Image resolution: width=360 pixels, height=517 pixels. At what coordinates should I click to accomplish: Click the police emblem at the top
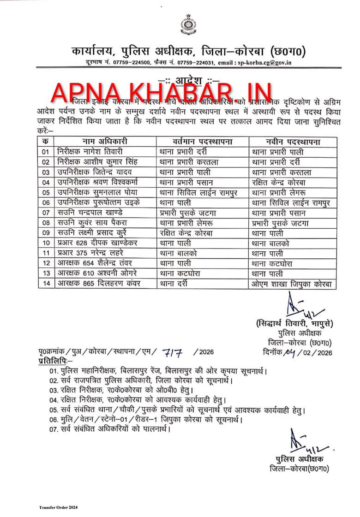pos(187,25)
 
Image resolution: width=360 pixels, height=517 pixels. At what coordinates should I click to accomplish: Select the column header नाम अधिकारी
pos(105,142)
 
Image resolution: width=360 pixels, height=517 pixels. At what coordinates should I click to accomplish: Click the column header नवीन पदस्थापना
pos(293,142)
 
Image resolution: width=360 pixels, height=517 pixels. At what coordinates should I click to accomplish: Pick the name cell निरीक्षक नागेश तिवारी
pos(90,152)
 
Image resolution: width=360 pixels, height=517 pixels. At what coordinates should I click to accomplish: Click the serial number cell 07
pos(45,213)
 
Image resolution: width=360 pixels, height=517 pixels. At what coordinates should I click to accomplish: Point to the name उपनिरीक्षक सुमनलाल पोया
pos(99,192)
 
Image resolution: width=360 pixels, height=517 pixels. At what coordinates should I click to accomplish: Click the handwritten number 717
pos(172,352)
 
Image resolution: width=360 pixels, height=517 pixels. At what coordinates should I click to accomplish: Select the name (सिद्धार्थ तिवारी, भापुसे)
pos(294,324)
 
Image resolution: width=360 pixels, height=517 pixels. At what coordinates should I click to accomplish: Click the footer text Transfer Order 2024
pos(58,507)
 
